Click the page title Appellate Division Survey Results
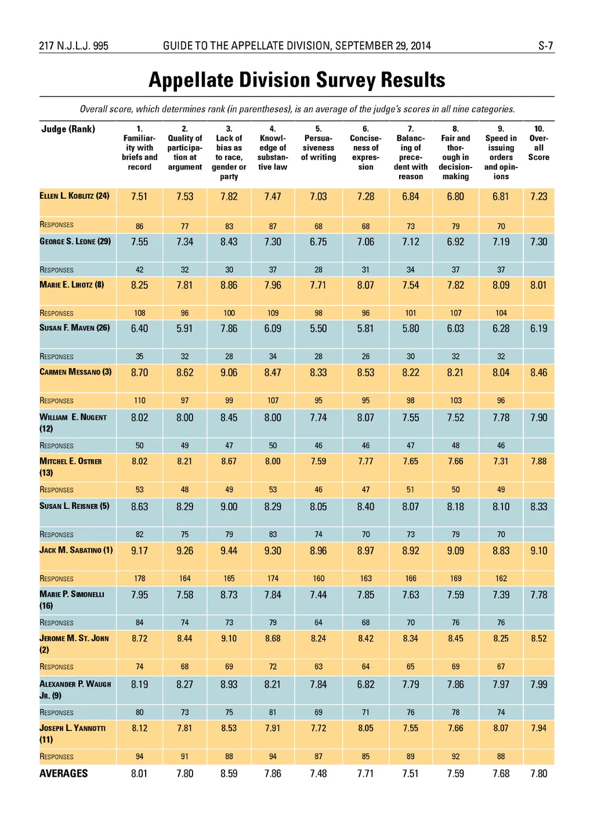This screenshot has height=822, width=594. pos(296,80)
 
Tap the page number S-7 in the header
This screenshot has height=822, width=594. pos(545,46)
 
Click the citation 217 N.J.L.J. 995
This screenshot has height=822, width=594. pos(74,46)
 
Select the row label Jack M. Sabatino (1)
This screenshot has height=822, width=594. pos(76,550)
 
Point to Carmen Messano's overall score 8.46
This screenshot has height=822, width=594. pos(538,373)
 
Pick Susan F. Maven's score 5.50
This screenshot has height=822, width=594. pos(318,329)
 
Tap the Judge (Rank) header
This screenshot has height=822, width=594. pos(68,129)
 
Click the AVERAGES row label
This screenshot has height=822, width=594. pos(63,773)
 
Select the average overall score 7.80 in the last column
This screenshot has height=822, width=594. pos(538,773)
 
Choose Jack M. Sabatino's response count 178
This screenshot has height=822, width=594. pos(139,579)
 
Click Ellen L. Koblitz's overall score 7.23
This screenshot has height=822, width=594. pos(538,197)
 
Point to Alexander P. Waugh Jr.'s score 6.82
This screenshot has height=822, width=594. pos(365,685)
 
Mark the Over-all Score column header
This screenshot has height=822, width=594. pos(538,143)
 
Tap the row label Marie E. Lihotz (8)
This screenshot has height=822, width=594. pos(72,285)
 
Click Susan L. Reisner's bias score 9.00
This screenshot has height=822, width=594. pos(229,507)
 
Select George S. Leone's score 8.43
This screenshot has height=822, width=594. pos(229,242)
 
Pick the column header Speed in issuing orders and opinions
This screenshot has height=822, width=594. pos(501,152)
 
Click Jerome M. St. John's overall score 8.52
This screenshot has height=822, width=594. pos(538,639)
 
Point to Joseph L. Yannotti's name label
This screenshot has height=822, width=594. pos(73,733)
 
